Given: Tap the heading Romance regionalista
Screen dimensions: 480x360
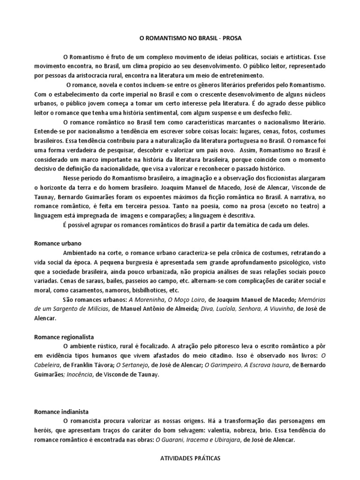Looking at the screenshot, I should pyautogui.click(x=64, y=337).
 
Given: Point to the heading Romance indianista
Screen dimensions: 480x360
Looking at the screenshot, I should pyautogui.click(x=61, y=412).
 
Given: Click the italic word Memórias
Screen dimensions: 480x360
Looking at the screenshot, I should pyautogui.click(x=312, y=300).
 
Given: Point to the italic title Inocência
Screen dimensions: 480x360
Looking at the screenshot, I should pyautogui.click(x=77, y=375).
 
